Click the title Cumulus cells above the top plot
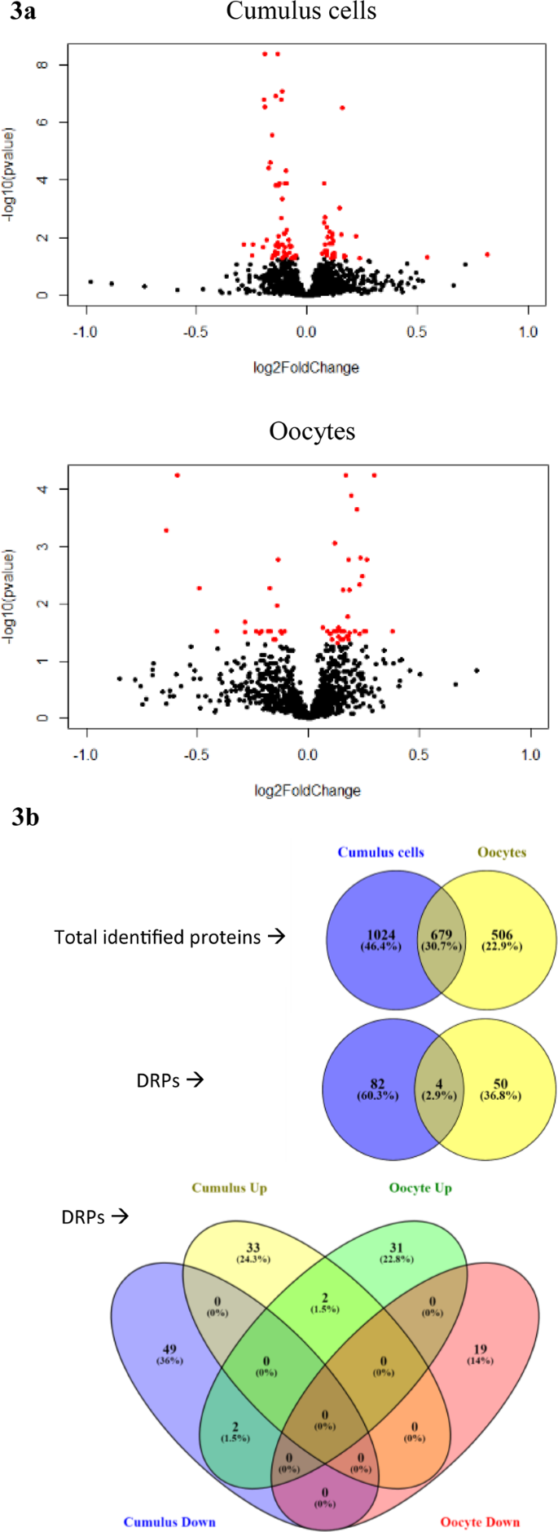[301, 11]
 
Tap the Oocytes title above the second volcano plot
[312, 431]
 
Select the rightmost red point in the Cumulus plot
[487, 254]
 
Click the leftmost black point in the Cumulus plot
[90, 282]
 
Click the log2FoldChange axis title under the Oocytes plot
[307, 790]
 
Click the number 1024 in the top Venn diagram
[380, 935]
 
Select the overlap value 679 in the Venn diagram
[441, 935]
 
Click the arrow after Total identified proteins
[277, 936]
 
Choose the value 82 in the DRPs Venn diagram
[377, 1084]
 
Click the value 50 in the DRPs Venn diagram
[500, 1084]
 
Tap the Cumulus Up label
[230, 1188]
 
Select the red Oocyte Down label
[480, 1521]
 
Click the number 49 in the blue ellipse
[169, 1349]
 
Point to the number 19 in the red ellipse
[480, 1349]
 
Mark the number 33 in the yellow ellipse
[253, 1247]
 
